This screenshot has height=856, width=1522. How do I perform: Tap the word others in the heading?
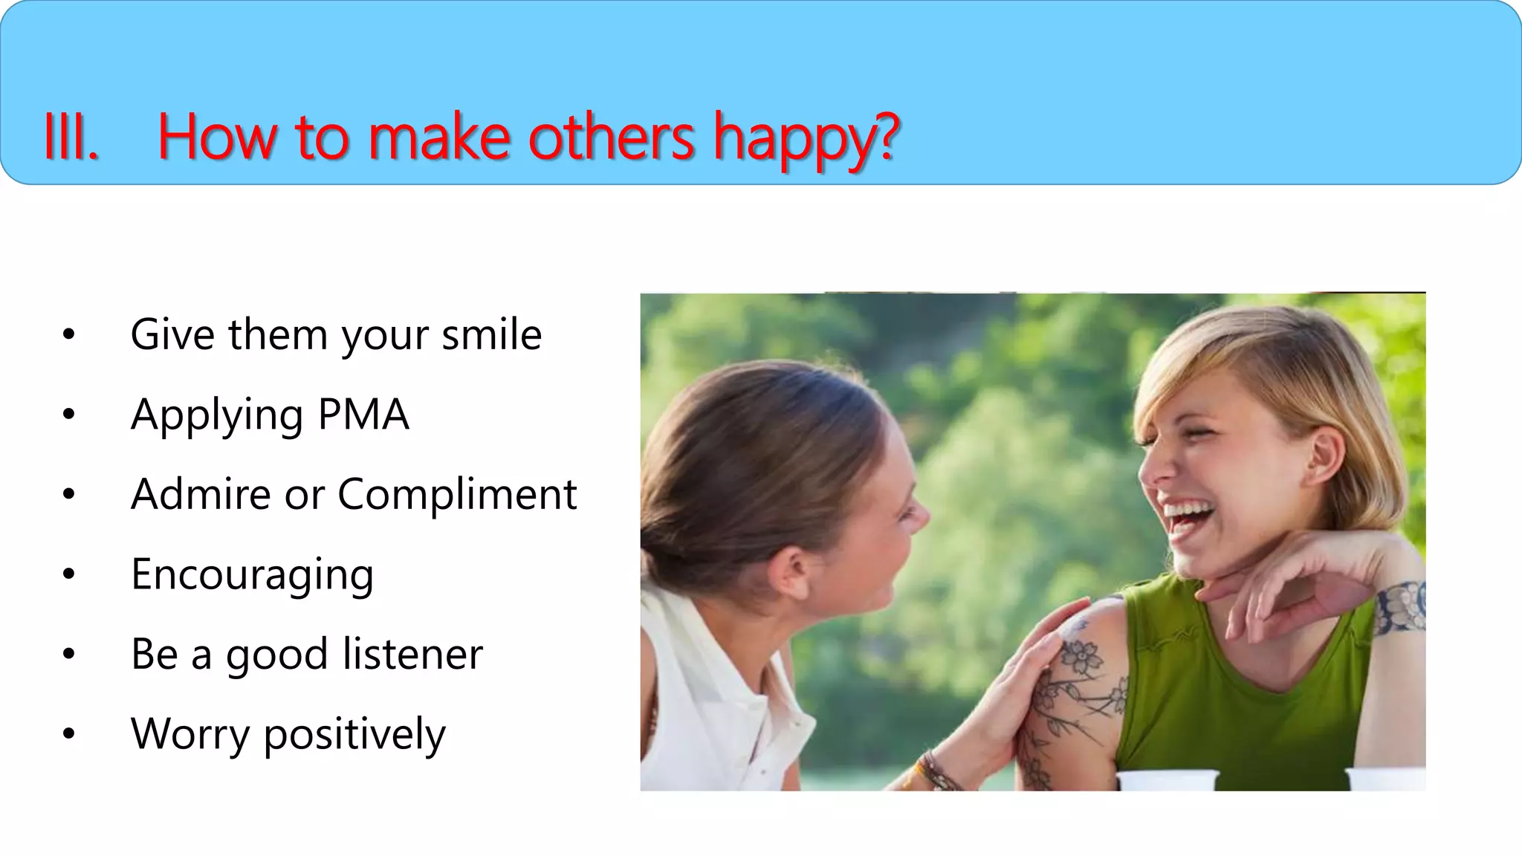611,137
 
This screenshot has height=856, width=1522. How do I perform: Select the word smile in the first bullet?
491,334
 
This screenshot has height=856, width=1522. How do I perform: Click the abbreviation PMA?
363,415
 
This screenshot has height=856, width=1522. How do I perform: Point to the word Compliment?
457,494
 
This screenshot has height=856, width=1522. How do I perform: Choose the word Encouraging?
252,575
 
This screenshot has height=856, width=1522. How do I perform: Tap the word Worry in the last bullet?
190,734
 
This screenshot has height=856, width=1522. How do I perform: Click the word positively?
354,734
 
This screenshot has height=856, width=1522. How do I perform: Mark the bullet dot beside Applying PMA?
69,414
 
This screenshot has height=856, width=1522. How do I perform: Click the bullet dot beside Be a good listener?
69,654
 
